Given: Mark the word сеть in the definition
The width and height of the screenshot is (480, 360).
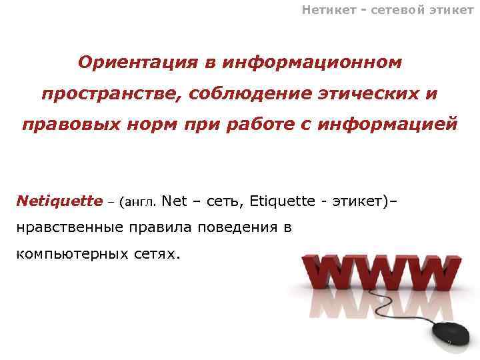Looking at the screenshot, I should point(223,201).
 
